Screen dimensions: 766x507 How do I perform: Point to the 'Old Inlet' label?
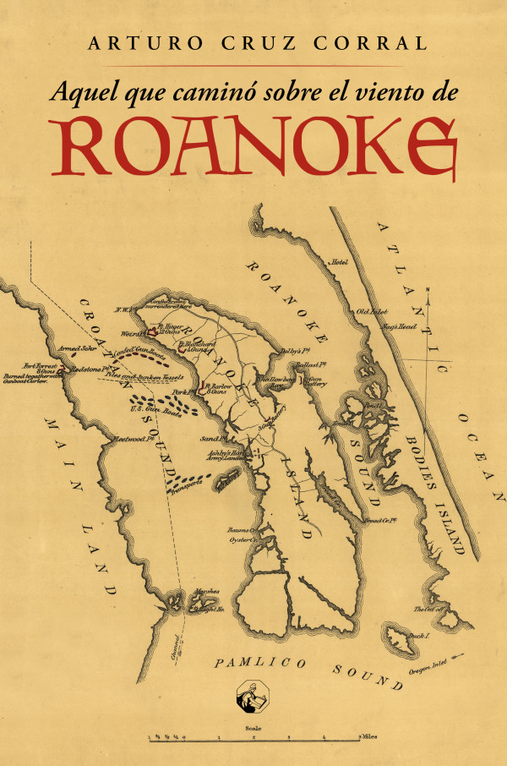click(x=370, y=311)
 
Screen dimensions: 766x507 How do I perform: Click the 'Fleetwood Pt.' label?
click(x=132, y=439)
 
